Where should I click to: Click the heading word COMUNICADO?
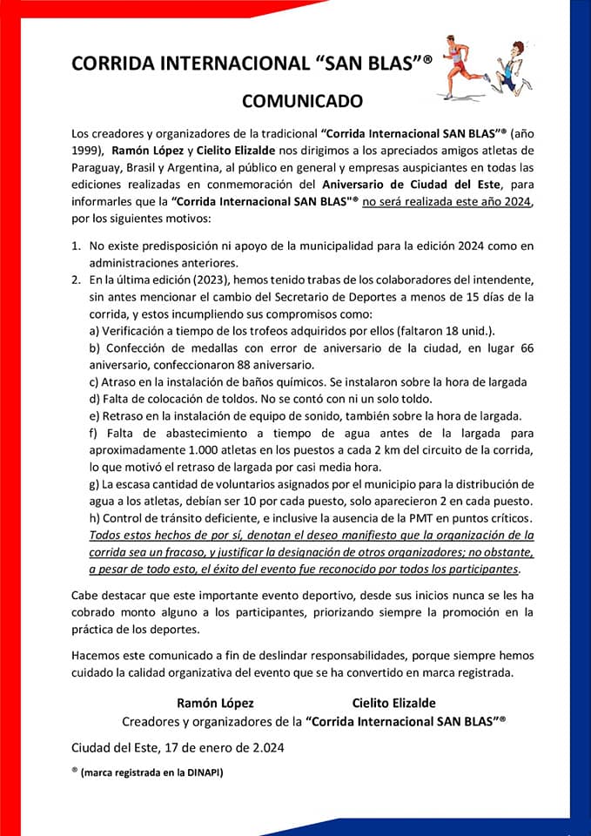click(x=302, y=101)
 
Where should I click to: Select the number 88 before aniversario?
click(x=240, y=364)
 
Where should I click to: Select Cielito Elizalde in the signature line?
click(x=393, y=703)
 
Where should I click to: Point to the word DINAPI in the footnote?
click(x=199, y=772)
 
